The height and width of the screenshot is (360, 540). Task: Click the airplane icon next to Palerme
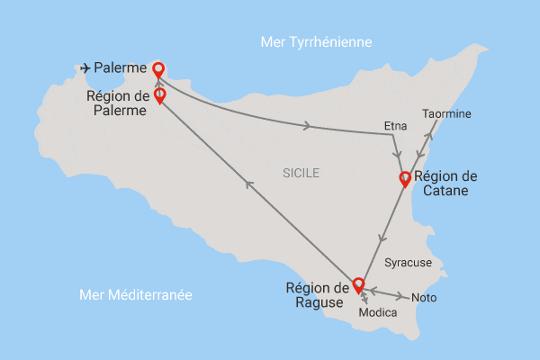[86, 67]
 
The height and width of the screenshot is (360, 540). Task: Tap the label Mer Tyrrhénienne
[315, 42]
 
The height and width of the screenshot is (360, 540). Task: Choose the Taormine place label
[446, 114]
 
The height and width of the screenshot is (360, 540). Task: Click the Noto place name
[423, 298]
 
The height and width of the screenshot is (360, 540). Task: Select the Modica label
[377, 313]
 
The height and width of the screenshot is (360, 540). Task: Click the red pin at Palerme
[158, 68]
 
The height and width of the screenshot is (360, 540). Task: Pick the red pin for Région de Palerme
[159, 94]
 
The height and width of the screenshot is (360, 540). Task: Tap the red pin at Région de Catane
[405, 178]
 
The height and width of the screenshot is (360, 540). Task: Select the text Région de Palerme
[118, 103]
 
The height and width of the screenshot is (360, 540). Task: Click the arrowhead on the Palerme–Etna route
[308, 126]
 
